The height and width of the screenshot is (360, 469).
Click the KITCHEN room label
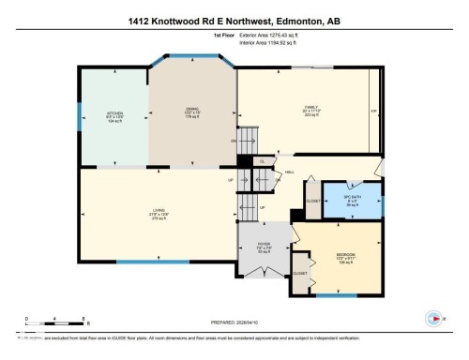[x=114, y=115]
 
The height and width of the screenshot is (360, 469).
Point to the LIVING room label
[x=158, y=214]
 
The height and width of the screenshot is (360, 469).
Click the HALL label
[x=290, y=172]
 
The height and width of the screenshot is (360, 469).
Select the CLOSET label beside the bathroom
[x=313, y=201]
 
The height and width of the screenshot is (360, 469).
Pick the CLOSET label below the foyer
[x=300, y=273]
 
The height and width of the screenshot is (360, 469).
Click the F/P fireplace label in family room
[x=374, y=112]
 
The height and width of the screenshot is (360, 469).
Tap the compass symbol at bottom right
[x=433, y=317]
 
